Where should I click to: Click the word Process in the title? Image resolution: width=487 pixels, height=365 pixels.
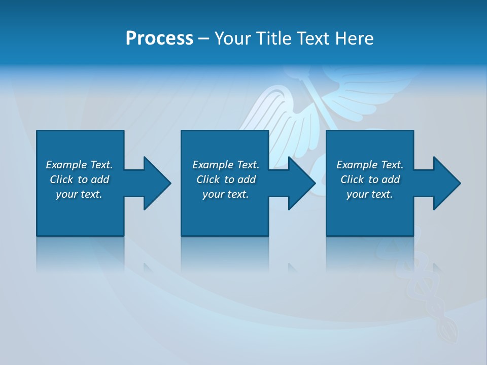(x=159, y=38)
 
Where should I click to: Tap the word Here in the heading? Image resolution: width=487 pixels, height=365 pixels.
(x=353, y=38)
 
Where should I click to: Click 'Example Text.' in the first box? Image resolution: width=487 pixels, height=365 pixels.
(x=79, y=165)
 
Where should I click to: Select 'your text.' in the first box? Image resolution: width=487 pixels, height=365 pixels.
(x=79, y=194)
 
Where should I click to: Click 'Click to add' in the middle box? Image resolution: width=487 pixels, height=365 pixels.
(x=226, y=179)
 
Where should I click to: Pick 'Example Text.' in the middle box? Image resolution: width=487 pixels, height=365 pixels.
(x=226, y=165)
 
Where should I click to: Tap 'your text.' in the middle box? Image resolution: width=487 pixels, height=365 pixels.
(x=226, y=194)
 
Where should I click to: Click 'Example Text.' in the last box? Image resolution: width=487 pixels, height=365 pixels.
(x=370, y=165)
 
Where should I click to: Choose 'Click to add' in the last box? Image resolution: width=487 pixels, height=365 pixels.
(x=370, y=179)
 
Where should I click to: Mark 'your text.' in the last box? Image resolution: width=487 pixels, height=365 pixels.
(x=370, y=194)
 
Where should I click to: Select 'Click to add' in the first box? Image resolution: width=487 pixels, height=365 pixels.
(x=79, y=179)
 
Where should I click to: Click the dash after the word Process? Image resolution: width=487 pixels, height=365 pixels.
(x=203, y=39)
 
